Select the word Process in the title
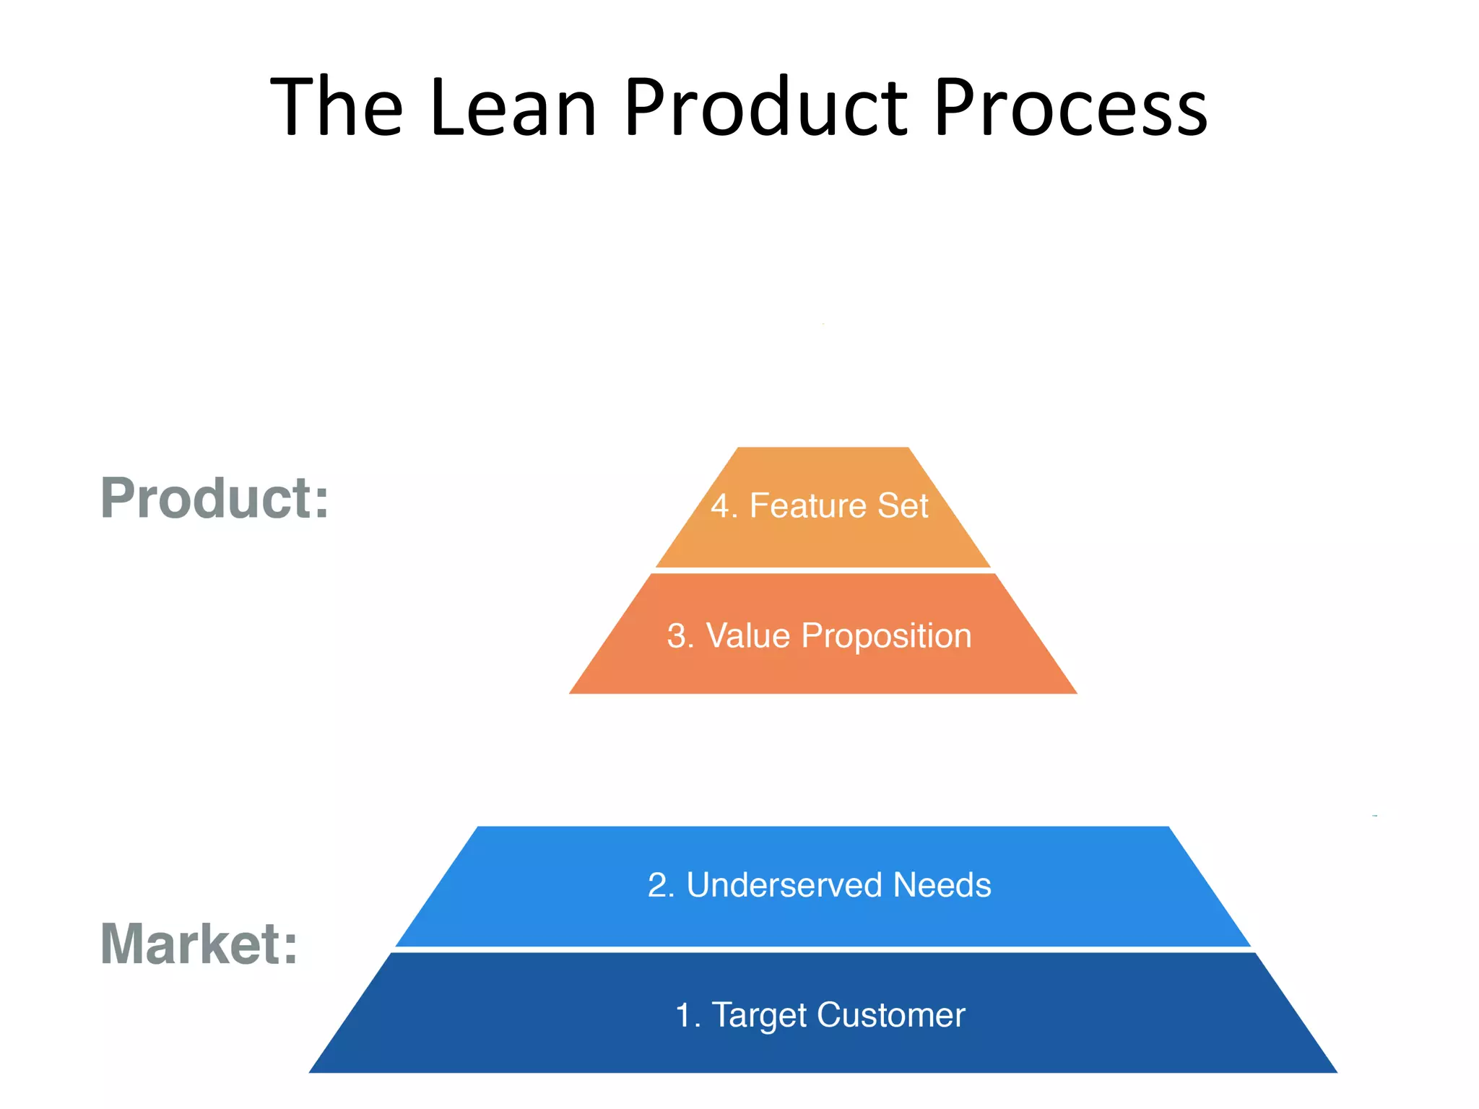1070,108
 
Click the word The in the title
336,108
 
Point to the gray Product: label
214,498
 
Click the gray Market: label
199,944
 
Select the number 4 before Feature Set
720,506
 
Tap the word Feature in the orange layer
807,506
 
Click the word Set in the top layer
903,506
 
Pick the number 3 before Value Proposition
677,636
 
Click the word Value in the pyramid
747,636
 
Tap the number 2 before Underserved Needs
657,885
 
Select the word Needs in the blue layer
942,885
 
